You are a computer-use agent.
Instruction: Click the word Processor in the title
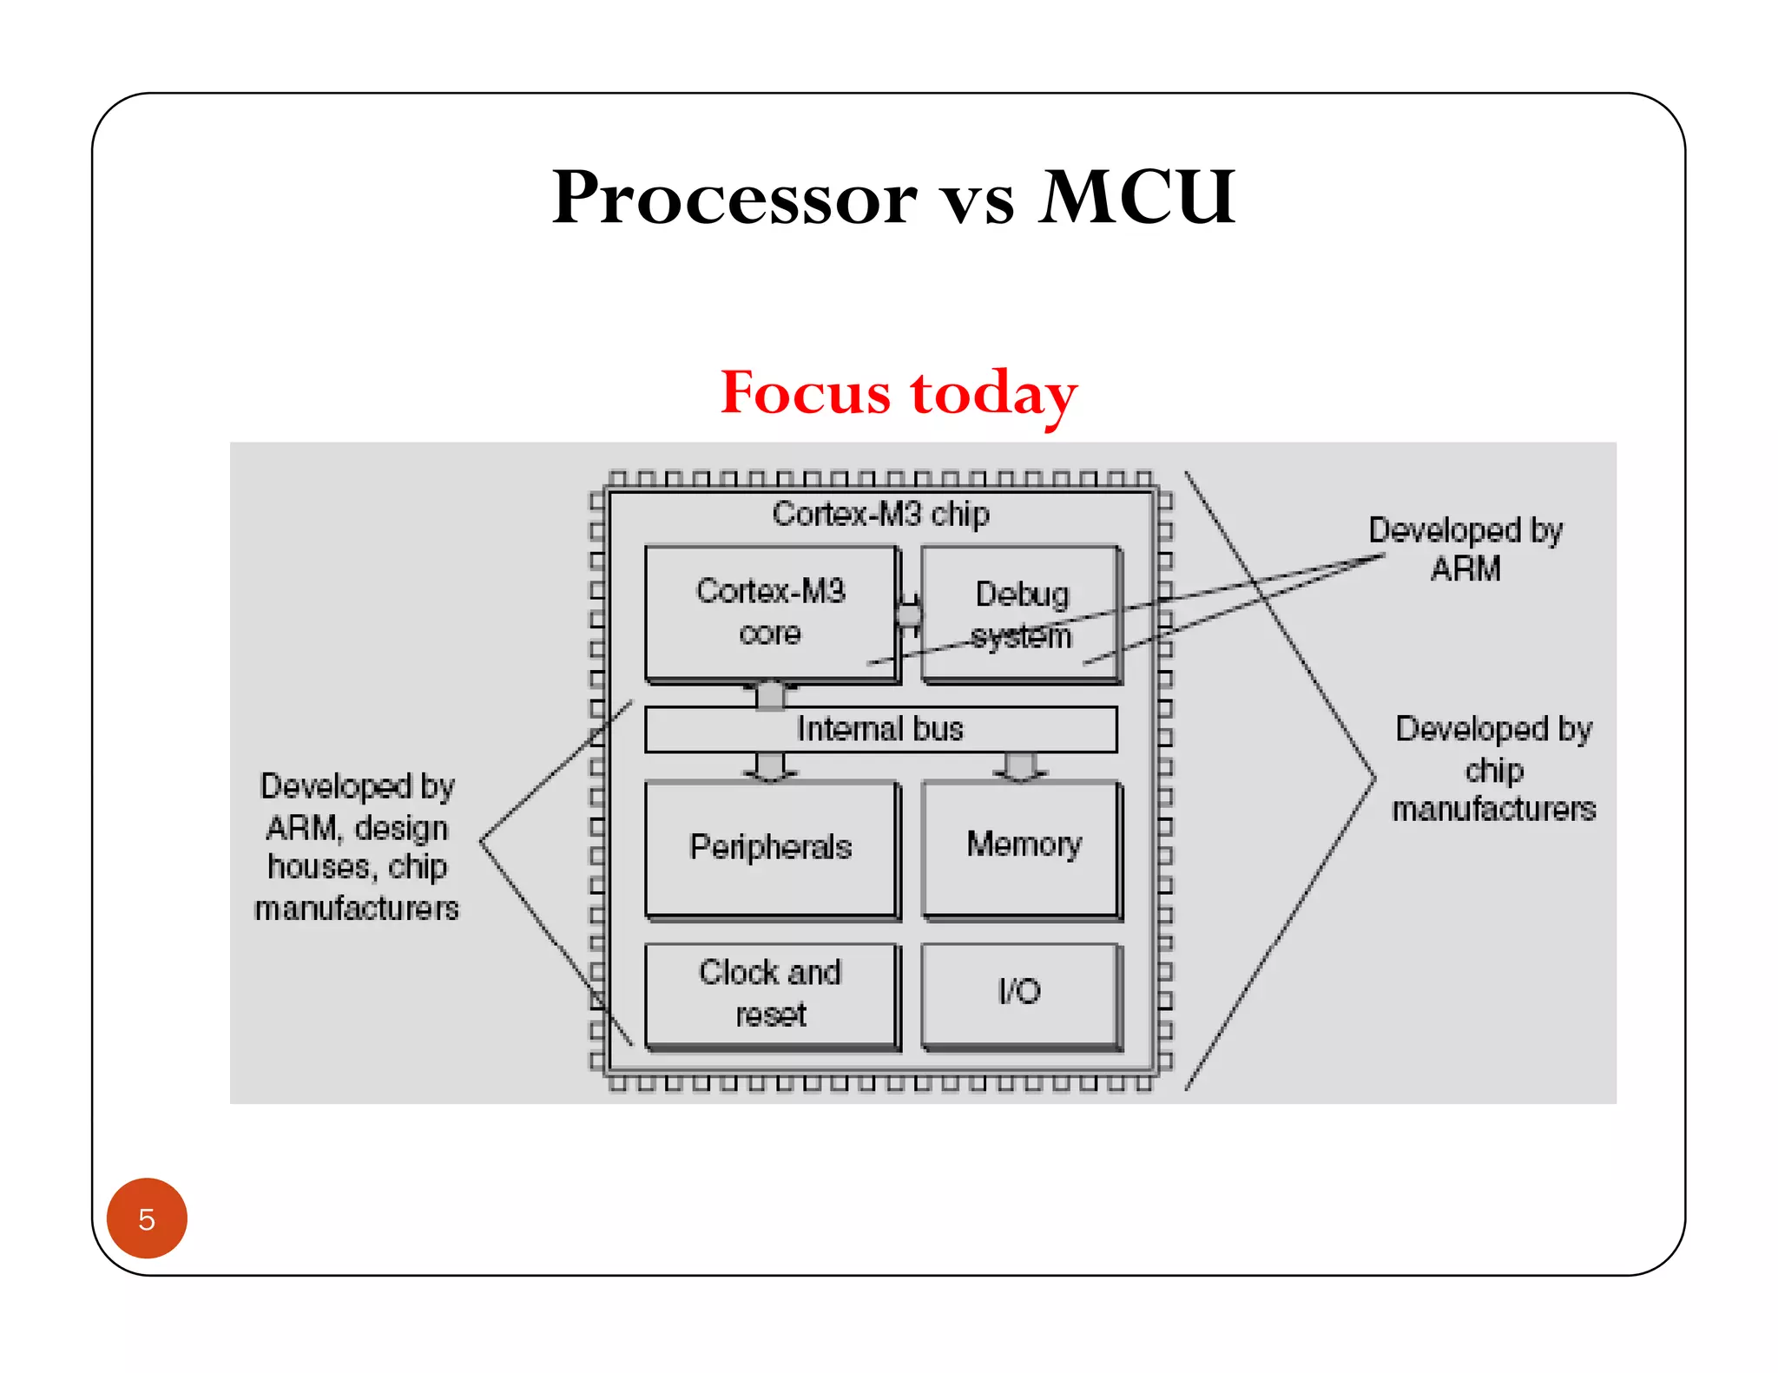pos(734,198)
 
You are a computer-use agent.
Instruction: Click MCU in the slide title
pos(1136,198)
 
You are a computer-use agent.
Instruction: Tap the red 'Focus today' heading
pos(899,393)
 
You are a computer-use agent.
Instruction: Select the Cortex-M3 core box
pos(770,612)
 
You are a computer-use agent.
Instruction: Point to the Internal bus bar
pos(880,729)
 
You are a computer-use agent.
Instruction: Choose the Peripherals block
pos(770,847)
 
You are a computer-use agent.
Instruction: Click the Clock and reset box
pos(770,994)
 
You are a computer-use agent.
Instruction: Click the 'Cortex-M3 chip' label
pos(880,514)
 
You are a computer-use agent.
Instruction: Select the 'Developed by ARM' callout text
pos(1465,549)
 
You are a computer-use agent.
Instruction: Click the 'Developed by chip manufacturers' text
pos(1493,769)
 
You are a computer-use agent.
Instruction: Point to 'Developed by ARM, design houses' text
pos(357,847)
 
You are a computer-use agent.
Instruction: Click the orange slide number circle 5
pos(147,1219)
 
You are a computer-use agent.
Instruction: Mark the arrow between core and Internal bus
pos(770,694)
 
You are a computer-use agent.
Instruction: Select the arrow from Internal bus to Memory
pos(1020,767)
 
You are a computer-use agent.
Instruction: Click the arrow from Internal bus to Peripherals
pos(770,767)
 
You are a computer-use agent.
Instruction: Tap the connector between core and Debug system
pos(909,614)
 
